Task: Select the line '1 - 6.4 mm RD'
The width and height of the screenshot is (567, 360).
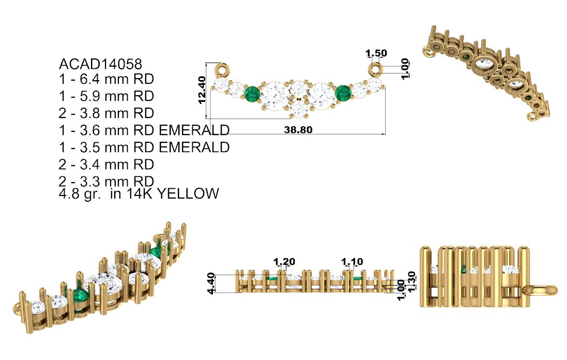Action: tap(106, 80)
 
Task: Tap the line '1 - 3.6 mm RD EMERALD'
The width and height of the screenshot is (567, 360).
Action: tap(144, 130)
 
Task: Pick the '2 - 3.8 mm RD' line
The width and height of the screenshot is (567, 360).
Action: tap(106, 113)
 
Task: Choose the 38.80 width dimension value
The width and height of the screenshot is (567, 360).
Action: tap(298, 130)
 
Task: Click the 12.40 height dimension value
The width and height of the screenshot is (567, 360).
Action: tap(202, 89)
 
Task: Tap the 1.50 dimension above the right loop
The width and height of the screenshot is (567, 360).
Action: tap(376, 53)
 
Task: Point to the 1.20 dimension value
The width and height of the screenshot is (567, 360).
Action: tap(284, 262)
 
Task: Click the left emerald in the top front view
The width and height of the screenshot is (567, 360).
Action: tap(252, 94)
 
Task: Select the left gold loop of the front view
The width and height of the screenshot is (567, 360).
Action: tap(223, 69)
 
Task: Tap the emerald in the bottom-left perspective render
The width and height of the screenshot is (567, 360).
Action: tap(80, 297)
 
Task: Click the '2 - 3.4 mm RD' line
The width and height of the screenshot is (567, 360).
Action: tap(106, 164)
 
